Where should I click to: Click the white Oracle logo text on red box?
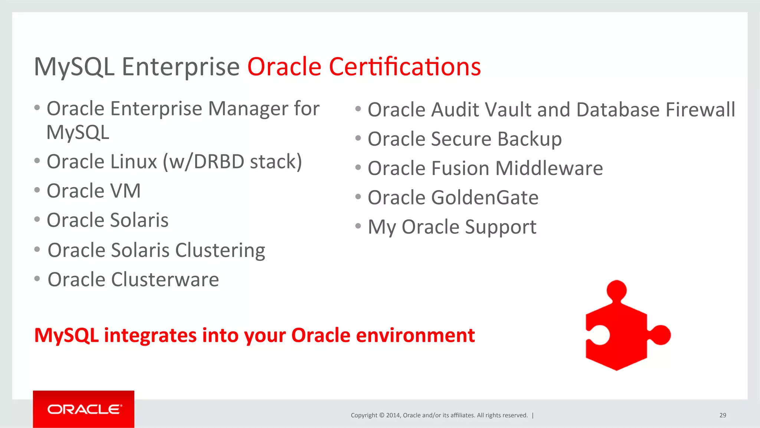click(x=84, y=409)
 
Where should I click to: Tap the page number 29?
click(x=723, y=415)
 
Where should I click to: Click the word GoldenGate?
click(x=484, y=198)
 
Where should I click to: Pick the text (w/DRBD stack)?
click(x=233, y=162)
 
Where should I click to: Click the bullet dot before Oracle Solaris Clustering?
click(x=37, y=249)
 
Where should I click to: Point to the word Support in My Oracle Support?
click(x=500, y=227)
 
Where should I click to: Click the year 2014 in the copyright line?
click(x=393, y=415)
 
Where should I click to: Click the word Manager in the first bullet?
click(x=248, y=109)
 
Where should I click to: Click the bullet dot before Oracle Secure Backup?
click(x=358, y=138)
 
